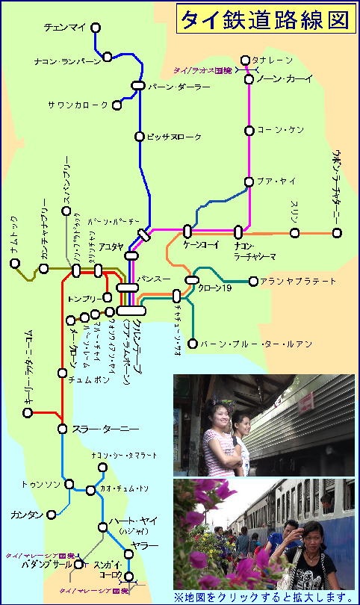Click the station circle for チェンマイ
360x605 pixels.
[x=95, y=28]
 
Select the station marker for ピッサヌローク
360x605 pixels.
[x=139, y=136]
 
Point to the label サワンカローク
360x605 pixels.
[x=78, y=105]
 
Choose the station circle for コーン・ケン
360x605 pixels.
[x=249, y=130]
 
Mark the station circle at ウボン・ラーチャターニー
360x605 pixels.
[x=337, y=232]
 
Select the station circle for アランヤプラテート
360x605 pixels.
[x=254, y=282]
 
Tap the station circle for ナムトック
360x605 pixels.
[x=14, y=263]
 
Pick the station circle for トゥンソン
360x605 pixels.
[x=69, y=484]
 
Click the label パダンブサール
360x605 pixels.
[x=39, y=564]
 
